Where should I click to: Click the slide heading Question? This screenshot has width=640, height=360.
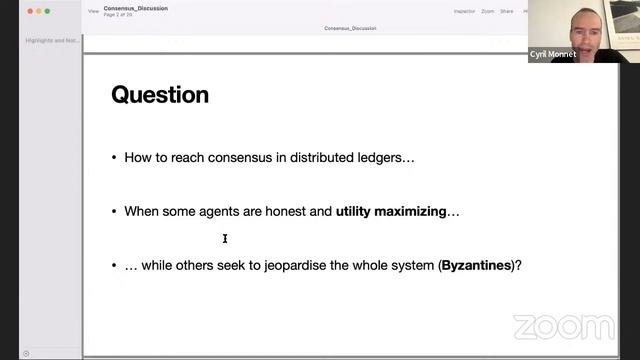point(160,95)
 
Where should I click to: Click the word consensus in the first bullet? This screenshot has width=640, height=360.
point(226,158)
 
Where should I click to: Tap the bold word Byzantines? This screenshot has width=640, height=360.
point(476,266)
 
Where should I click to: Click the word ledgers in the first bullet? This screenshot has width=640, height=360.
point(381,158)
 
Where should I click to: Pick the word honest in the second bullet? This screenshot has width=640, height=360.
point(287,212)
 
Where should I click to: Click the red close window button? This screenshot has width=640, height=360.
point(28,11)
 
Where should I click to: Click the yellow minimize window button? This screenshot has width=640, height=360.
point(38,11)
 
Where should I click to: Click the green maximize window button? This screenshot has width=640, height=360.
point(48,11)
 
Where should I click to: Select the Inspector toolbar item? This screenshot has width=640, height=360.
point(464,11)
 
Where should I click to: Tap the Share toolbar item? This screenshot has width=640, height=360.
point(507,11)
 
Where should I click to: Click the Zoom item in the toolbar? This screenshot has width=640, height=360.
point(487,11)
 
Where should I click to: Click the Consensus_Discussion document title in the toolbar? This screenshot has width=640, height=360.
point(135,8)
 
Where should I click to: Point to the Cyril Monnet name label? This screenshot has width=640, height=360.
point(553,55)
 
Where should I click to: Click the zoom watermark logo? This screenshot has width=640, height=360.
point(564,326)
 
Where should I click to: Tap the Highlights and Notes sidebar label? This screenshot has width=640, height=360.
point(52,41)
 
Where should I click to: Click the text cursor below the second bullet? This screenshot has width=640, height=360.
point(225,238)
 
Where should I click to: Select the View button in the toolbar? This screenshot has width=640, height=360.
point(93,11)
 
